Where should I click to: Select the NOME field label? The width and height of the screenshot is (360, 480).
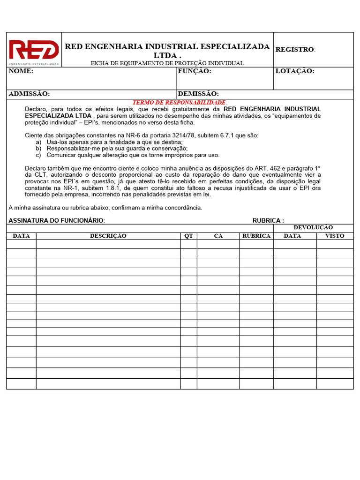21,71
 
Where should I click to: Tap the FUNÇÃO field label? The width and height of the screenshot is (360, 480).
195,71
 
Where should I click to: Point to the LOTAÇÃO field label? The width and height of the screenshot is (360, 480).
295,71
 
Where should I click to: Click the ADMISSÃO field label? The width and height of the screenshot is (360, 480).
29,94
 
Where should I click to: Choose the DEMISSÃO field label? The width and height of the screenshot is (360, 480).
198,94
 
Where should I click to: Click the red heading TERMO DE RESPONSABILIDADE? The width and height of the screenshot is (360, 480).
180,102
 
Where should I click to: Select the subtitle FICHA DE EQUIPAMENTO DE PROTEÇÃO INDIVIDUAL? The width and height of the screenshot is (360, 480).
167,63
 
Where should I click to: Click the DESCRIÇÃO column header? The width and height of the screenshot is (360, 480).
108,236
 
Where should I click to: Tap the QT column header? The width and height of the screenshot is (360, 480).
188,236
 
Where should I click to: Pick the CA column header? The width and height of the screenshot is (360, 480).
218,236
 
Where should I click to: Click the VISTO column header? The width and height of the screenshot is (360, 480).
335,236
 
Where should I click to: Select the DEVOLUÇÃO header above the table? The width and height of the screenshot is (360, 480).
313,227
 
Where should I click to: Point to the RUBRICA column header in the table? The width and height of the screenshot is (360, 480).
256,236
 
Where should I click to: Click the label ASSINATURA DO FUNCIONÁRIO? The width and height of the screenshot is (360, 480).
57,220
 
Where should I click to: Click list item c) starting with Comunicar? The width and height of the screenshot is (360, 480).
133,155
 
